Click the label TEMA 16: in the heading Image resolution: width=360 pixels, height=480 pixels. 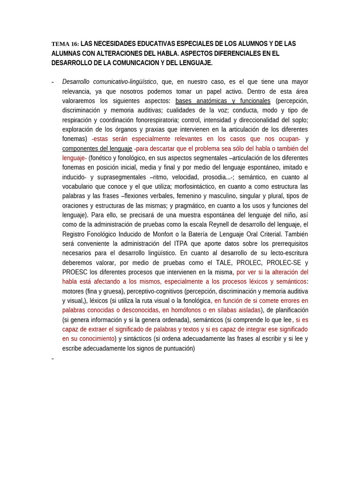pos(65,44)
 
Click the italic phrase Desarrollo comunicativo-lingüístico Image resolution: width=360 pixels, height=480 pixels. pos(109,82)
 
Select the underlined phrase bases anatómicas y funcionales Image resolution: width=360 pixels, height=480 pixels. pos(223,101)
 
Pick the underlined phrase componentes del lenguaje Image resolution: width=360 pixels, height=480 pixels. pos(97,149)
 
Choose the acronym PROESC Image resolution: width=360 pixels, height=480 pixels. pos(75,272)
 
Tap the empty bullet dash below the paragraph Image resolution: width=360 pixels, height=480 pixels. pos(52,359)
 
